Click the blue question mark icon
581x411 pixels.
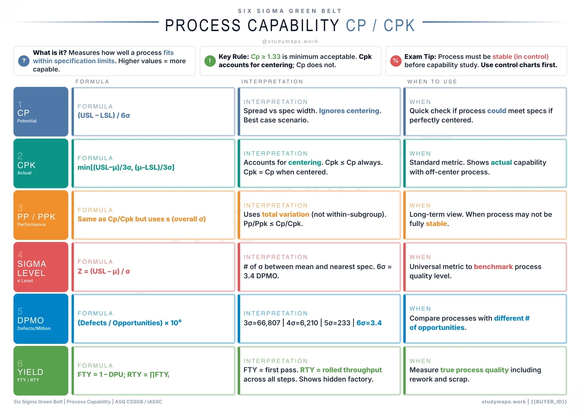pyautogui.click(x=24, y=61)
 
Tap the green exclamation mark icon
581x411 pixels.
pyautogui.click(x=210, y=61)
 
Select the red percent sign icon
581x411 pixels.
pyautogui.click(x=396, y=61)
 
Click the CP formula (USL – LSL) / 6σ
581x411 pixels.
pyautogui.click(x=104, y=115)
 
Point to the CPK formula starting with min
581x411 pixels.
pyautogui.click(x=126, y=167)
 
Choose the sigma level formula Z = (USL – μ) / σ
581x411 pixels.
pyautogui.click(x=104, y=271)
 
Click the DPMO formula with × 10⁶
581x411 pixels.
pyautogui.click(x=130, y=323)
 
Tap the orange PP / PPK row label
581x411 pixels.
pyautogui.click(x=36, y=217)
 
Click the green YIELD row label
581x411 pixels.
pyautogui.click(x=30, y=372)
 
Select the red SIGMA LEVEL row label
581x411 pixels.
pyautogui.click(x=32, y=268)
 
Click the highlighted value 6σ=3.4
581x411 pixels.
pyautogui.click(x=369, y=323)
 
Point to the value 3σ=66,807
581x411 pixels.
pyautogui.click(x=262, y=323)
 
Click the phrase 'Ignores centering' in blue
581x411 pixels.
pyautogui.click(x=349, y=111)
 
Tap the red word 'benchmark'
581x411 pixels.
pyautogui.click(x=493, y=267)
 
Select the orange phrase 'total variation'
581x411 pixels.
pyautogui.click(x=286, y=214)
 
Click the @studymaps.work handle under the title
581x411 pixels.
pyautogui.click(x=290, y=41)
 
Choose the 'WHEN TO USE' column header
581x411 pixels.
pyautogui.click(x=432, y=82)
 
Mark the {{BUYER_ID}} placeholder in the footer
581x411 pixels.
pyautogui.click(x=549, y=402)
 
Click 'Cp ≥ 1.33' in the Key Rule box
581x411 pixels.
pyautogui.click(x=266, y=57)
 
